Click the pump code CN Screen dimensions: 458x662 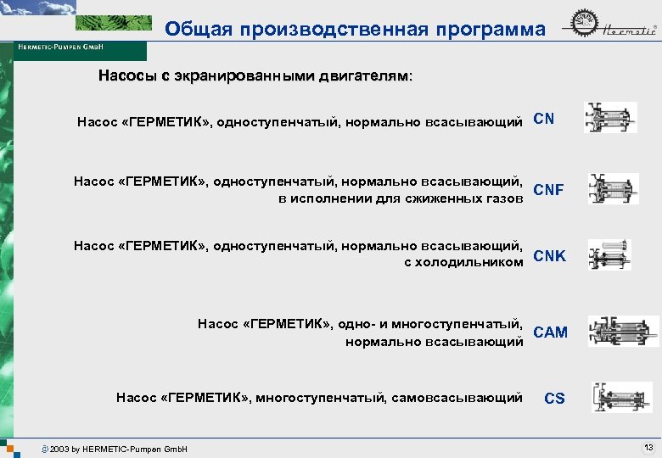[x=544, y=120]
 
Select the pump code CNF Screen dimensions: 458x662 [x=548, y=190]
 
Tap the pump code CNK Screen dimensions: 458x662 [x=549, y=256]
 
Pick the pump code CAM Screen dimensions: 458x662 [x=550, y=332]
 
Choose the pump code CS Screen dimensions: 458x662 [x=554, y=398]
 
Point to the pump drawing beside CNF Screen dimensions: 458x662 [x=613, y=188]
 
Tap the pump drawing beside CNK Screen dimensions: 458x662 [x=609, y=254]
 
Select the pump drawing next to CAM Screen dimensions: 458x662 [x=625, y=331]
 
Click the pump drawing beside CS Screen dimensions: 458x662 [x=621, y=397]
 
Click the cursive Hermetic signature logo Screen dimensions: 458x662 [x=628, y=31]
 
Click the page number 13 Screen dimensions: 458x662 [x=648, y=447]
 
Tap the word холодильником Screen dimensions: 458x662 [x=470, y=263]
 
